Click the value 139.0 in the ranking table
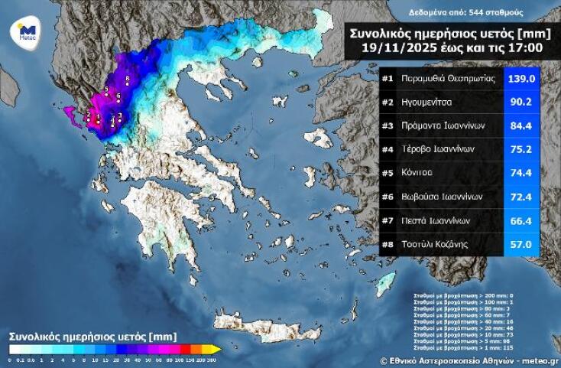(x=522, y=79)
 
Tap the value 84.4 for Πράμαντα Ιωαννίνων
(x=522, y=125)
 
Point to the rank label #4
(x=388, y=149)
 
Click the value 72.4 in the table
(x=522, y=197)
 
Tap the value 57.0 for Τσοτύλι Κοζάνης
(x=522, y=243)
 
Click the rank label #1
(x=388, y=79)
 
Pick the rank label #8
(x=388, y=243)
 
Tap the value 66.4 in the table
(x=522, y=220)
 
